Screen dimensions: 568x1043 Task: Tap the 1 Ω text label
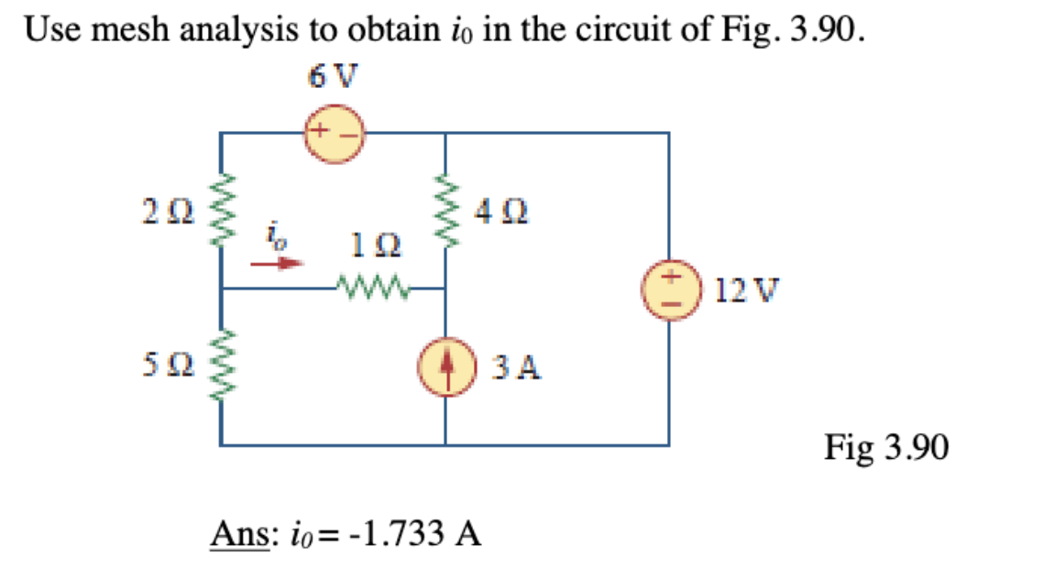(x=372, y=247)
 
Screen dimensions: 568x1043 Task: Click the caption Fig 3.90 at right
(x=885, y=448)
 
